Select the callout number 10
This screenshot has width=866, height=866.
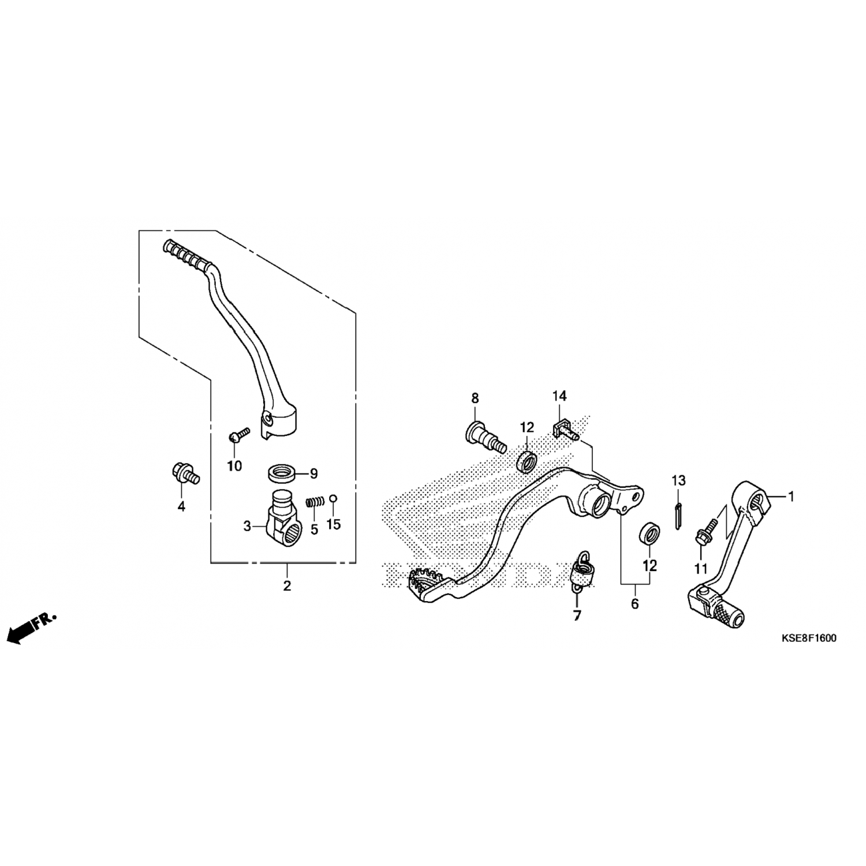pyautogui.click(x=234, y=466)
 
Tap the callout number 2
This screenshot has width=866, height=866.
pyautogui.click(x=287, y=586)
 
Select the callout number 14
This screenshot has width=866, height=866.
pyautogui.click(x=559, y=395)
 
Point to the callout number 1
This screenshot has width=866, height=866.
pyautogui.click(x=792, y=496)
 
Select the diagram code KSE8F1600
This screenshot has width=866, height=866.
pyautogui.click(x=809, y=639)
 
